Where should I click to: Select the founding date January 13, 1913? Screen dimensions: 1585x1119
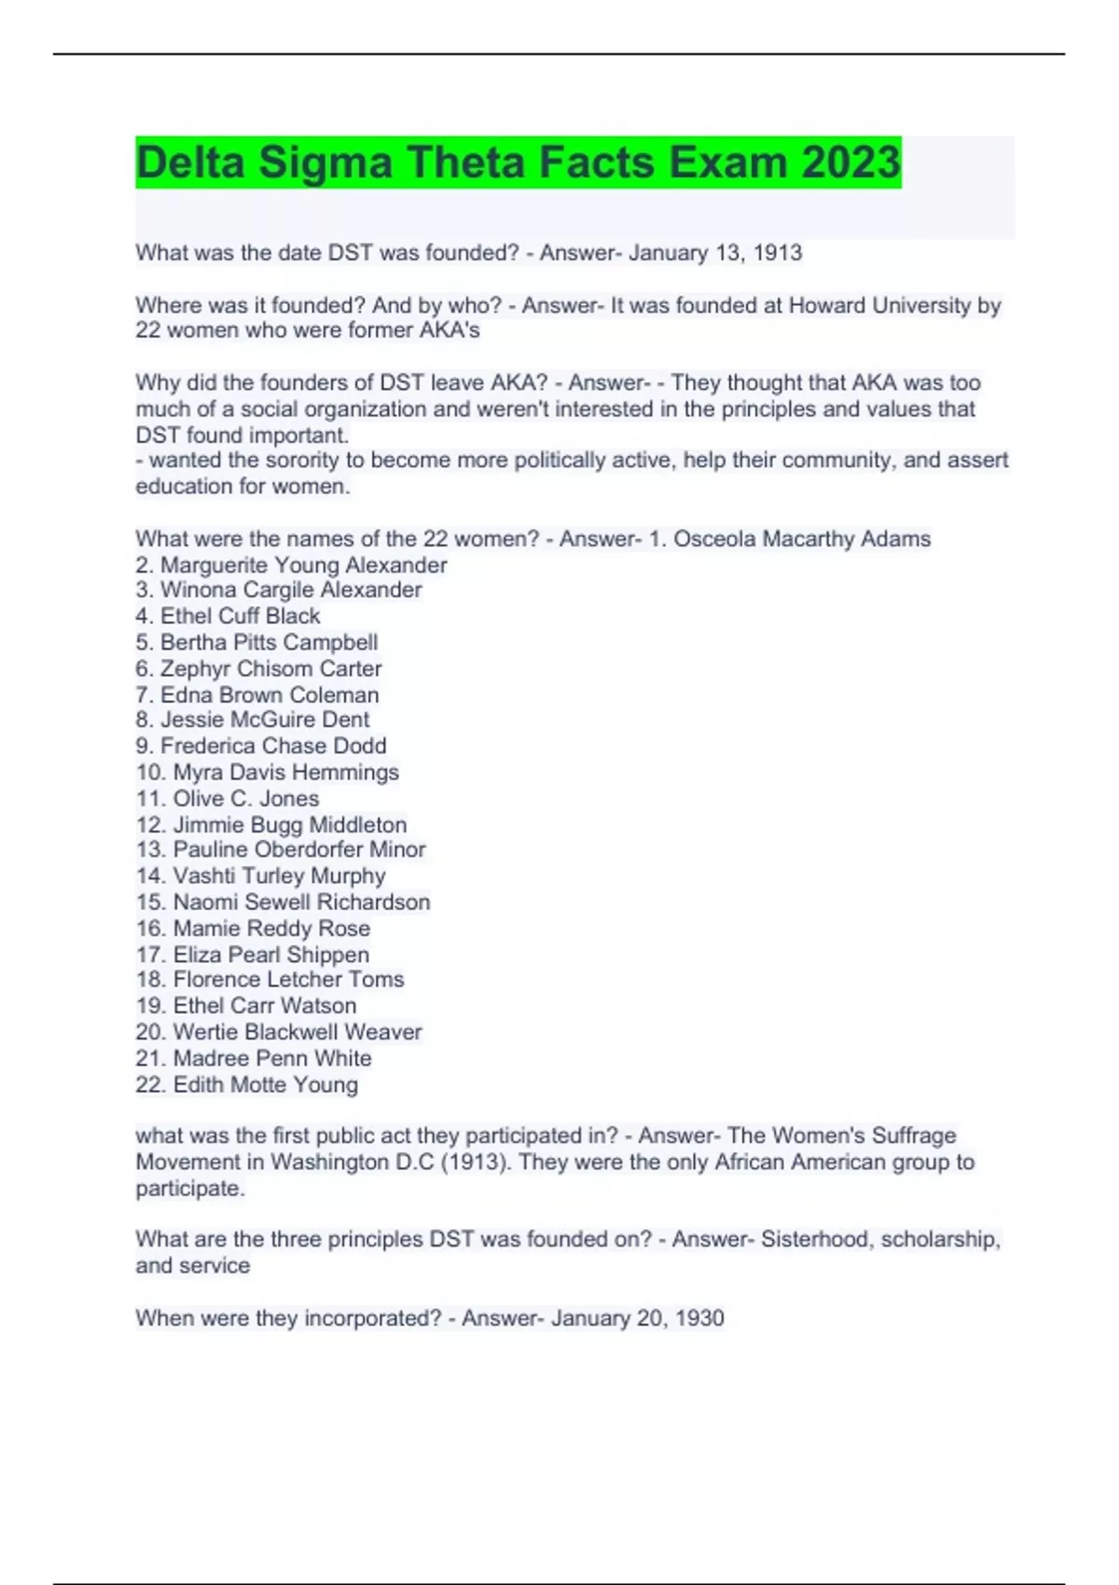click(x=714, y=253)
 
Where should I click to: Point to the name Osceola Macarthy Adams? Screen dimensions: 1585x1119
click(x=802, y=539)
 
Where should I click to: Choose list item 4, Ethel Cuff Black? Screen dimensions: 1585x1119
click(x=240, y=616)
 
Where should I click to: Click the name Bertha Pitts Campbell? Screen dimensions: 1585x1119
click(x=269, y=642)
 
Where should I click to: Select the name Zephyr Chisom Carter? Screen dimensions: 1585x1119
click(x=270, y=668)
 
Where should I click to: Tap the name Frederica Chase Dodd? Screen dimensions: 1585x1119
click(x=273, y=746)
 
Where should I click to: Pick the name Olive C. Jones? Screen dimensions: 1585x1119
click(x=246, y=798)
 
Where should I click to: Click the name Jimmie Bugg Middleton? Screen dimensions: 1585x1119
click(x=290, y=825)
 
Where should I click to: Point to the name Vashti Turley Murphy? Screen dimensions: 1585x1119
click(x=279, y=875)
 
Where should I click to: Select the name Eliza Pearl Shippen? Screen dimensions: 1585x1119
click(x=271, y=955)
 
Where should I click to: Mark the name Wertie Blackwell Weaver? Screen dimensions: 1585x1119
click(x=297, y=1032)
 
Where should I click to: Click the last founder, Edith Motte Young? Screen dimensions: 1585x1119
click(x=266, y=1084)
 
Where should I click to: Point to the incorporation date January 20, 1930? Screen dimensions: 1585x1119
click(x=637, y=1318)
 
